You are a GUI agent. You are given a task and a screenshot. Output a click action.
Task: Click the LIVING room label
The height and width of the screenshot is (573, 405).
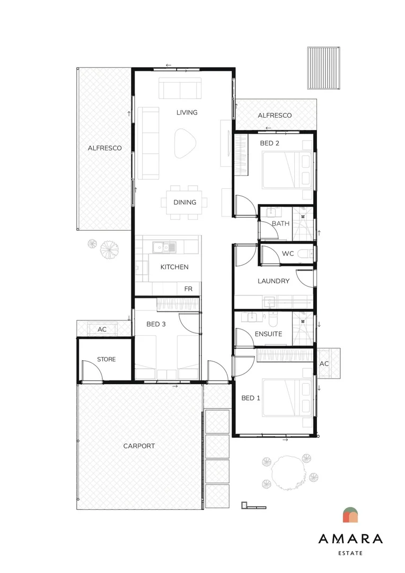click(x=187, y=112)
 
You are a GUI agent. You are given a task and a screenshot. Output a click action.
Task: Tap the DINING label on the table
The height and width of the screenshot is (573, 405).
click(x=185, y=202)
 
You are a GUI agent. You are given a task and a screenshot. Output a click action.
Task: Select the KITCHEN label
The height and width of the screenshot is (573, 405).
click(x=174, y=267)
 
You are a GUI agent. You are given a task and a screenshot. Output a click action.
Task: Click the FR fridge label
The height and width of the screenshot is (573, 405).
click(x=188, y=289)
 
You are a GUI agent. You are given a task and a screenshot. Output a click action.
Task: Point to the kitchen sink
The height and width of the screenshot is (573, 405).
click(x=164, y=247)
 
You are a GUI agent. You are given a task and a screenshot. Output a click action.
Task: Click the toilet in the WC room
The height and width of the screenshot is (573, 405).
click(x=305, y=253)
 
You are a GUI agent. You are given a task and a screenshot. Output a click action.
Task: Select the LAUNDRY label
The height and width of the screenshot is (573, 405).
click(x=274, y=281)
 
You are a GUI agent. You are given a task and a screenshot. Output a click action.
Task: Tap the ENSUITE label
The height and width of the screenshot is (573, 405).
click(x=268, y=334)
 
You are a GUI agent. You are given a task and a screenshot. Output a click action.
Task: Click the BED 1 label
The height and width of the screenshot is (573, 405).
click(x=251, y=398)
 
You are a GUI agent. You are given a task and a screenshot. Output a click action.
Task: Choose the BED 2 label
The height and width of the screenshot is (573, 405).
click(x=269, y=143)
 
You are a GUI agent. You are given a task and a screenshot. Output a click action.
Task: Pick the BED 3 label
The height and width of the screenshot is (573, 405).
click(x=156, y=324)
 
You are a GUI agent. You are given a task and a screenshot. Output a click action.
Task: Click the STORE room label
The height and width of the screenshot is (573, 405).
click(x=106, y=359)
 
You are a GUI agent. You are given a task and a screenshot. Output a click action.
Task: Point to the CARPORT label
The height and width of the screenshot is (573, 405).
click(x=139, y=446)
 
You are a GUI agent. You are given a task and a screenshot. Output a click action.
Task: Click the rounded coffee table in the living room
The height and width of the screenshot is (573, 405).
click(x=185, y=143)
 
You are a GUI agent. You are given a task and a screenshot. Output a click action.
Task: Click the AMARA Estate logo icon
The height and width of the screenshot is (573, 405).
click(x=350, y=515)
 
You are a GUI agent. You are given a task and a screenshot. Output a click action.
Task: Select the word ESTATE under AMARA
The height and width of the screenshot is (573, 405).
click(x=350, y=553)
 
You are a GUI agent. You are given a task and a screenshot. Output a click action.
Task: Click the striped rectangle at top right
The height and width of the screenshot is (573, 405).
click(x=323, y=68)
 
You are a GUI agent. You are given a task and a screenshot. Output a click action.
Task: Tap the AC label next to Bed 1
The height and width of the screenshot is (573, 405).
click(x=324, y=363)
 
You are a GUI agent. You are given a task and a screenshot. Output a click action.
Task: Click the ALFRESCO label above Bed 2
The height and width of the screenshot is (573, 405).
click(x=275, y=116)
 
